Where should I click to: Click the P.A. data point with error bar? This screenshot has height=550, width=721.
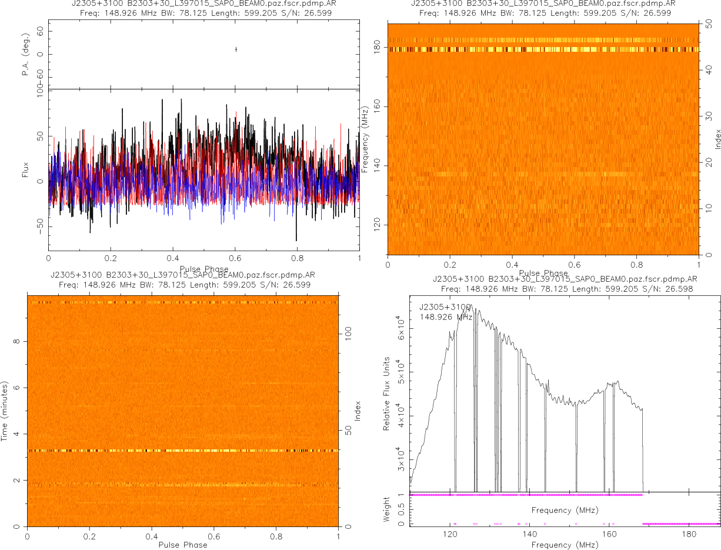(x=236, y=49)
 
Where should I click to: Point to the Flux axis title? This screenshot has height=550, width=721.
(x=26, y=171)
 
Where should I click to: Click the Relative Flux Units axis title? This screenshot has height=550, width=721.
(x=387, y=393)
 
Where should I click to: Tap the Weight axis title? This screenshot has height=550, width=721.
(x=387, y=509)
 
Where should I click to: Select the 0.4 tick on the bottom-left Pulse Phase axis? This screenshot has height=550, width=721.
(x=152, y=536)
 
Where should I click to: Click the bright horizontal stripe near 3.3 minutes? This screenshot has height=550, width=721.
(x=183, y=451)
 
